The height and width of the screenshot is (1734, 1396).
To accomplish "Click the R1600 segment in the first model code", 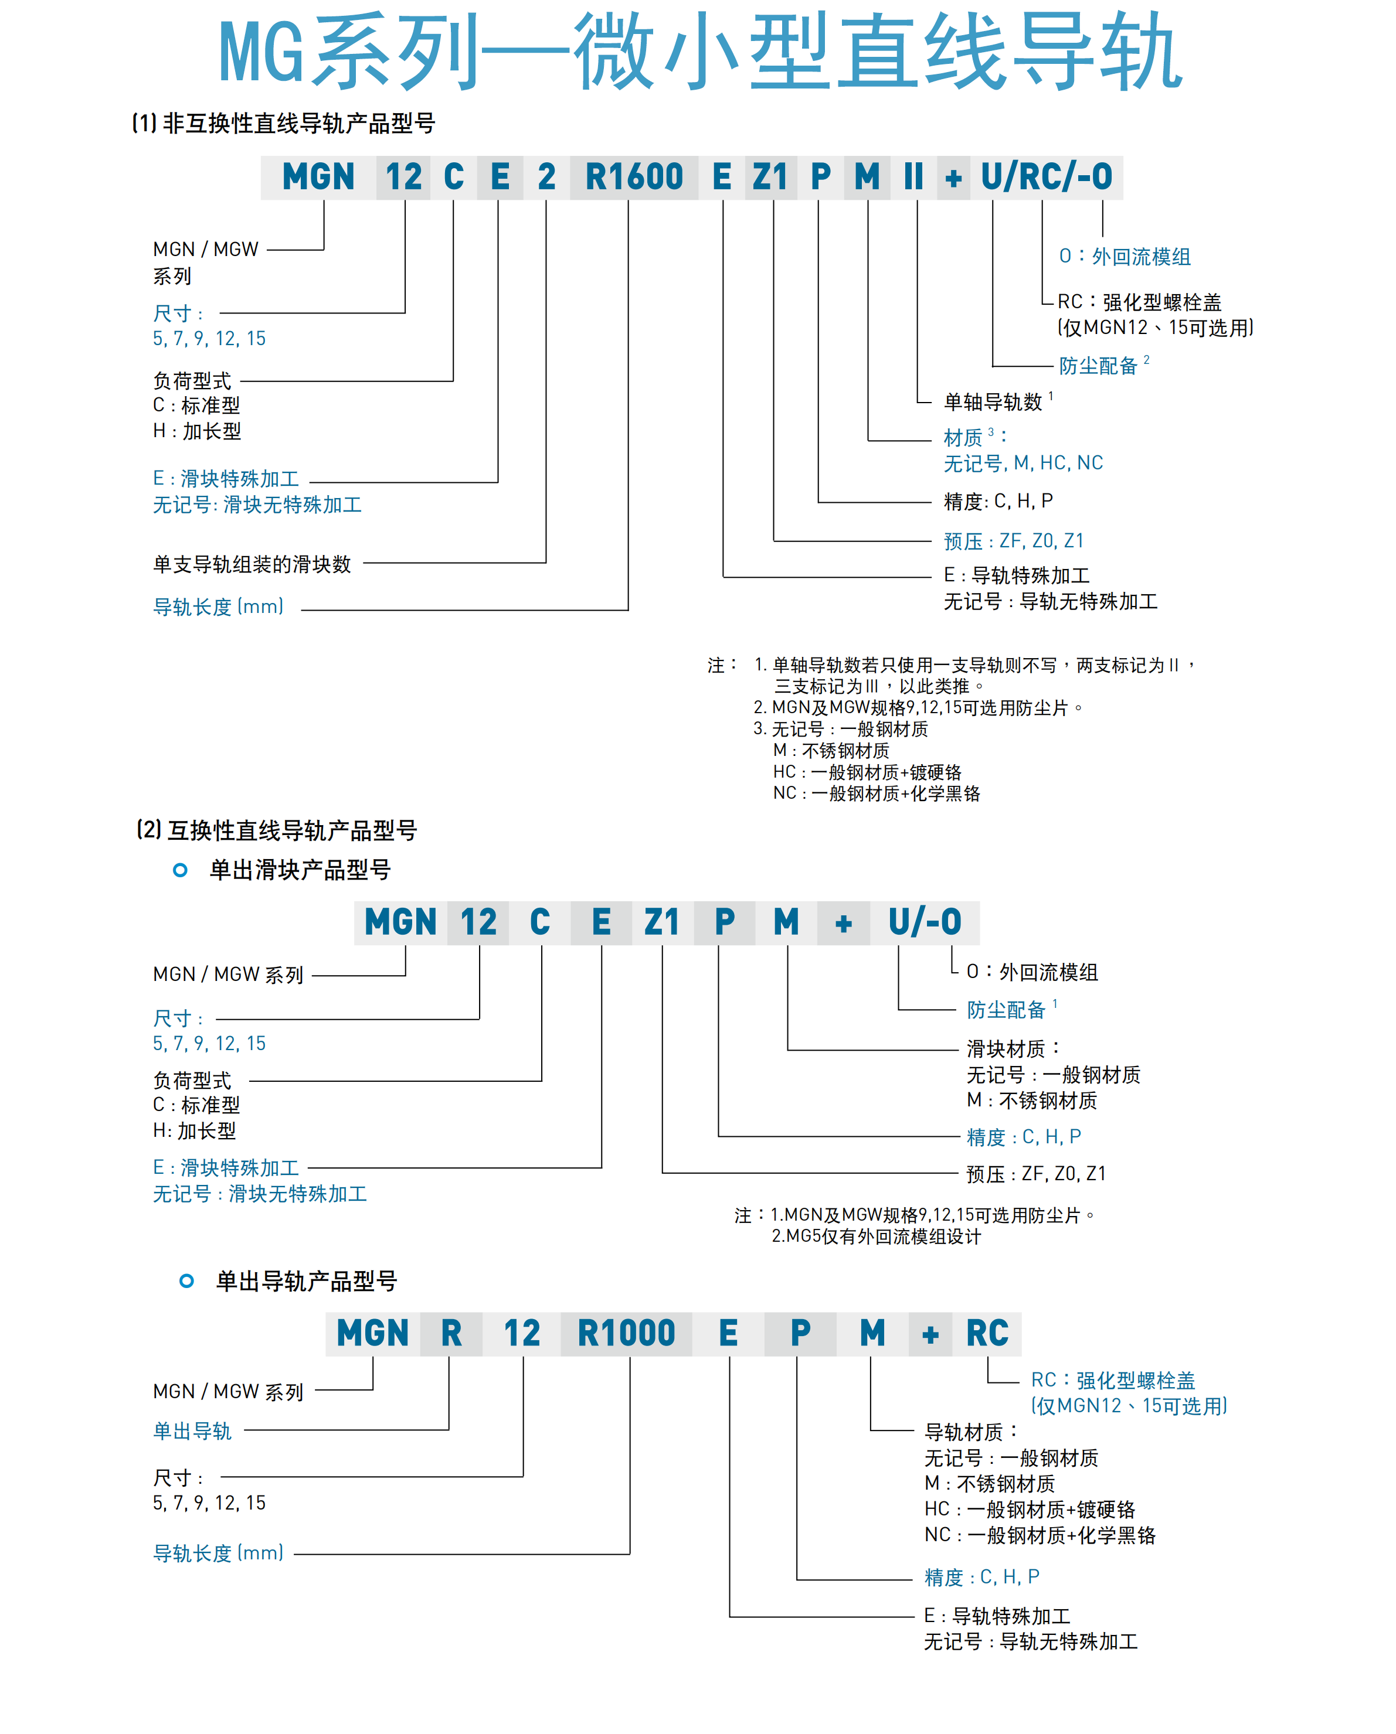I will (633, 178).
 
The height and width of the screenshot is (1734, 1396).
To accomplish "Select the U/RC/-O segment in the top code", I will (1046, 178).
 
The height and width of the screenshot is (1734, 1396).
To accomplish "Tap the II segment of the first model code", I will (913, 178).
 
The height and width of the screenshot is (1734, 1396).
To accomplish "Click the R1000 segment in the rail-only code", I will (626, 1334).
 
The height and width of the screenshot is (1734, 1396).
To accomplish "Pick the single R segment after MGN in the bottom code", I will (451, 1334).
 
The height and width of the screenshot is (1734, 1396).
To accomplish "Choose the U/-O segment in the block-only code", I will (925, 922).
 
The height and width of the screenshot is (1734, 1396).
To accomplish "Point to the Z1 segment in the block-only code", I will (661, 922).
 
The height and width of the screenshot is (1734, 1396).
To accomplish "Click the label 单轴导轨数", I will (993, 401).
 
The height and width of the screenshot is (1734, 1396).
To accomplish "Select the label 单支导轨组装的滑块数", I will (252, 564).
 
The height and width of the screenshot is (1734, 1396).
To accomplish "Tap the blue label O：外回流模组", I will (1124, 257).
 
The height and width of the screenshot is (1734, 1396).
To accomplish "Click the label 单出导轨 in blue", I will (192, 1431).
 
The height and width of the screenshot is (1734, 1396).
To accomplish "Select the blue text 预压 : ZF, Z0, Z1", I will (1013, 541).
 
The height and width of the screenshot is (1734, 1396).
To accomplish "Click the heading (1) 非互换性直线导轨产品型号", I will (283, 123).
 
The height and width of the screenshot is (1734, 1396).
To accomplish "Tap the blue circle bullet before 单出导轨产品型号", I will (186, 1281).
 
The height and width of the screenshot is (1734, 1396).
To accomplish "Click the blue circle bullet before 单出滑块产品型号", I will (180, 870).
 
